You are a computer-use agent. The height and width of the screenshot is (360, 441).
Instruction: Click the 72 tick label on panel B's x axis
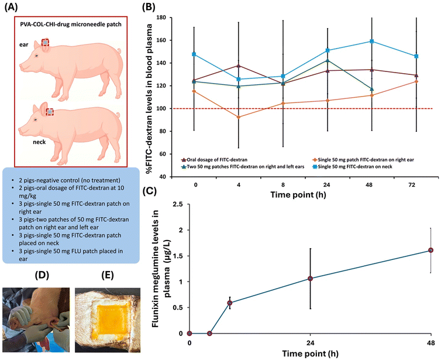(416, 183)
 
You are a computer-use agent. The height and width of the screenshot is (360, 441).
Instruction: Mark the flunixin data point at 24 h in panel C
(310, 279)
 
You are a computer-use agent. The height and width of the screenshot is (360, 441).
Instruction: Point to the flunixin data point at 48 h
(430, 250)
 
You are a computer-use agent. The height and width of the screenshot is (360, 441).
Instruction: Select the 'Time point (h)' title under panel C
(309, 353)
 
